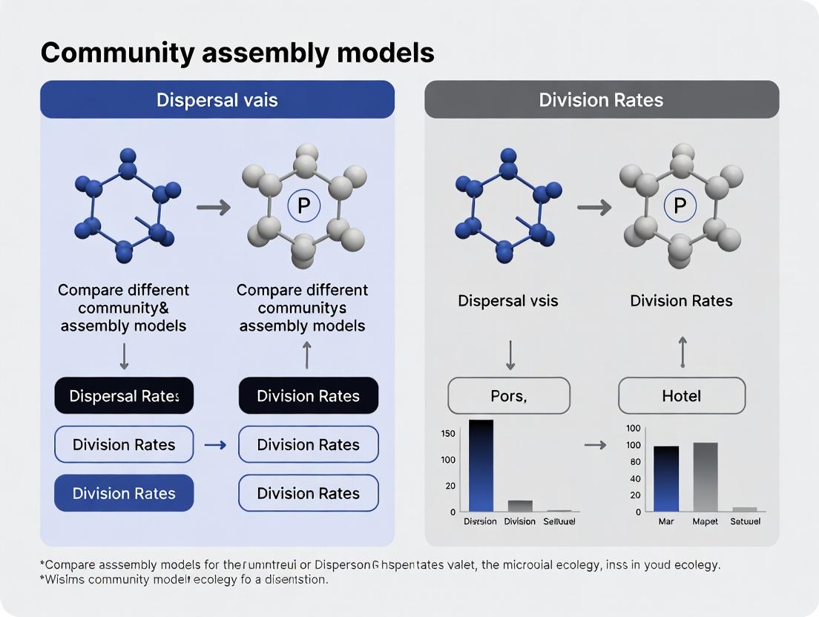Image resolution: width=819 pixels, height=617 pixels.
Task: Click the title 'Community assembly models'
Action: point(237,53)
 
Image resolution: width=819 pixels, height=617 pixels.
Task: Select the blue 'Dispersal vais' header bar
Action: point(217,99)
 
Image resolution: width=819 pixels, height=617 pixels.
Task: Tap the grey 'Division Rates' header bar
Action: point(601,99)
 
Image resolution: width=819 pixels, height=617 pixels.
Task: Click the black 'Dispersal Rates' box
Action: point(124,396)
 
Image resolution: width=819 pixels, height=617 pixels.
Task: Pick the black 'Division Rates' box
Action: point(308,396)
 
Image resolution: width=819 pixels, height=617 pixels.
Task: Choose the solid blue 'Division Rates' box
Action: point(124,493)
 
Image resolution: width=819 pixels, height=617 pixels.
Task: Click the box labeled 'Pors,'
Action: point(509,396)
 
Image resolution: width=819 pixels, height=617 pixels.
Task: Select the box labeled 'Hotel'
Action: point(681,396)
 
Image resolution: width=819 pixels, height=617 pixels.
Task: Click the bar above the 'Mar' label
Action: point(665,478)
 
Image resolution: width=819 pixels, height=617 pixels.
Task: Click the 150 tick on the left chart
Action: point(448,433)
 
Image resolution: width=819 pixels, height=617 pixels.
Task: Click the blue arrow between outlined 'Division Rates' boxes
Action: point(215,445)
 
